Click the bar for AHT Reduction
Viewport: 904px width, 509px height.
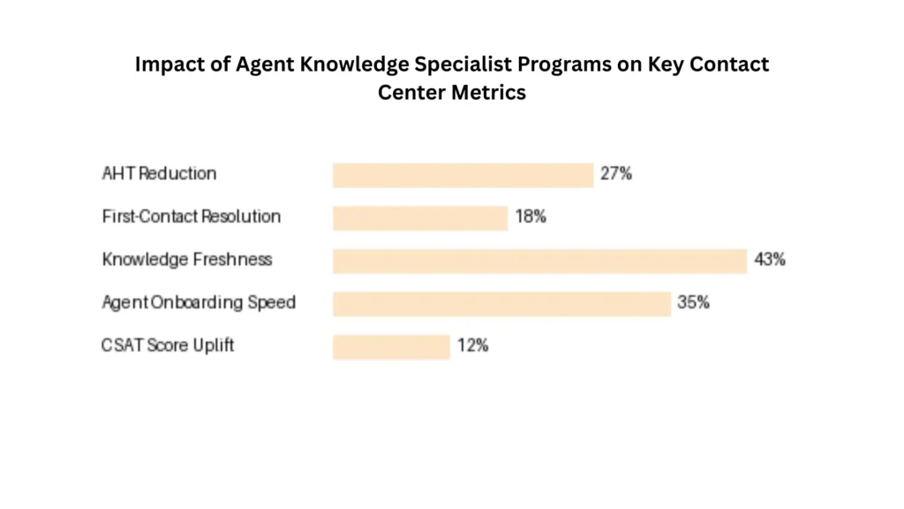click(x=463, y=174)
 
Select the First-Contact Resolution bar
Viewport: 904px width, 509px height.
click(x=420, y=217)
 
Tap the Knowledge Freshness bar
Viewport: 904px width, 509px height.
click(x=539, y=261)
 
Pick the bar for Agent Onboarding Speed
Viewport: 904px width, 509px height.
click(x=501, y=303)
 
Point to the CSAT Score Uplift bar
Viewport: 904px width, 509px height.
click(x=391, y=346)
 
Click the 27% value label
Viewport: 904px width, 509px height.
click(x=616, y=174)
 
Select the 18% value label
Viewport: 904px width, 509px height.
click(x=531, y=217)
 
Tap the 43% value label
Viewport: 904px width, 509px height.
click(x=770, y=260)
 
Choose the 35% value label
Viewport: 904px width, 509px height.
click(x=693, y=303)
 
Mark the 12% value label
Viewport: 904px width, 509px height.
click(x=472, y=346)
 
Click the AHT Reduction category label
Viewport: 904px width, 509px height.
click(x=159, y=174)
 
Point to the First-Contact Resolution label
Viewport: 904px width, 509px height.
click(x=192, y=217)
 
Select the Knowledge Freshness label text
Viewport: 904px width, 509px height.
click(x=187, y=260)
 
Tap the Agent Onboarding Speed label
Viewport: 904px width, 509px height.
click(x=199, y=303)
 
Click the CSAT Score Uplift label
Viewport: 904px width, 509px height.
click(x=168, y=346)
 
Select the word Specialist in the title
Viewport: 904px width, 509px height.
click(x=458, y=65)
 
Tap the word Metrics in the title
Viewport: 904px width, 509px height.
click(x=489, y=92)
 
